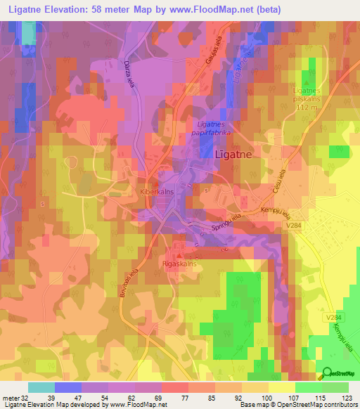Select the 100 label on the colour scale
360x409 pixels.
tap(265, 397)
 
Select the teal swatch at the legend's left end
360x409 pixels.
tap(41, 387)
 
